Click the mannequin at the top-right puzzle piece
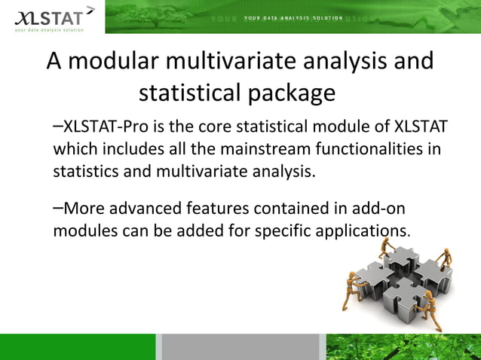(x=445, y=255)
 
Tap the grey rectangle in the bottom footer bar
(x=240, y=346)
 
